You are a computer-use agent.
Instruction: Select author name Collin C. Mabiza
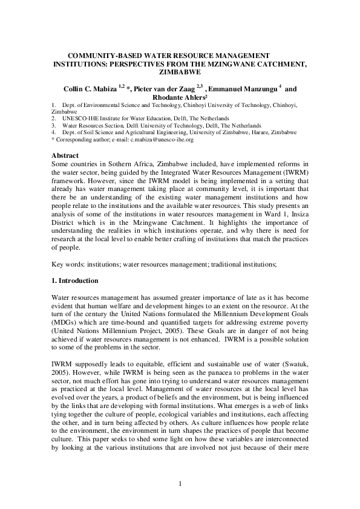90,88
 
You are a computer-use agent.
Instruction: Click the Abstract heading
66,155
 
